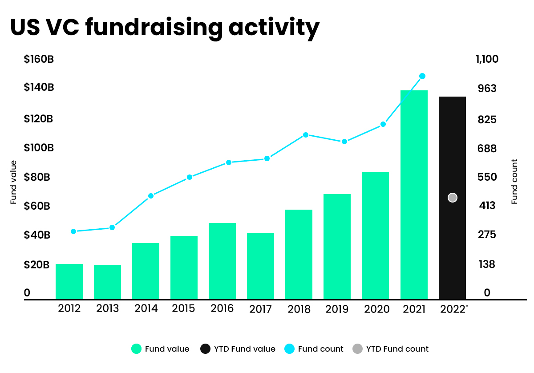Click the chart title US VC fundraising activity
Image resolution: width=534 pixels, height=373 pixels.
[165, 28]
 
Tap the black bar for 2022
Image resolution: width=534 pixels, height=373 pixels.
[452, 249]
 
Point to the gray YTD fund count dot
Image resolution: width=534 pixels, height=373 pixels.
[453, 198]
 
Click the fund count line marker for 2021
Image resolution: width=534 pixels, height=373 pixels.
[422, 76]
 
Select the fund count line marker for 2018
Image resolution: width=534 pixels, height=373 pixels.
[306, 135]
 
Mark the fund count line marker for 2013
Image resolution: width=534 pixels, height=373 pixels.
[112, 227]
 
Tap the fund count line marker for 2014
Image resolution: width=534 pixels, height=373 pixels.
[150, 196]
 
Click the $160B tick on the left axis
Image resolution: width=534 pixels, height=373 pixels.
[39, 59]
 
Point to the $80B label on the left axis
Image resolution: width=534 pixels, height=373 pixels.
[37, 177]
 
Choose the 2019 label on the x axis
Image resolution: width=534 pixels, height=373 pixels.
[337, 309]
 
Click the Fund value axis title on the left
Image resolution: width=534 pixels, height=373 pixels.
[13, 182]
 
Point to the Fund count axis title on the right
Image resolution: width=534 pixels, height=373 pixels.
[514, 182]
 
